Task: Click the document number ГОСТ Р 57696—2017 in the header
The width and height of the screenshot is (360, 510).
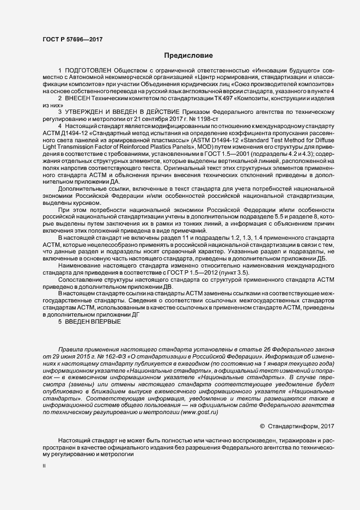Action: click(72, 40)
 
